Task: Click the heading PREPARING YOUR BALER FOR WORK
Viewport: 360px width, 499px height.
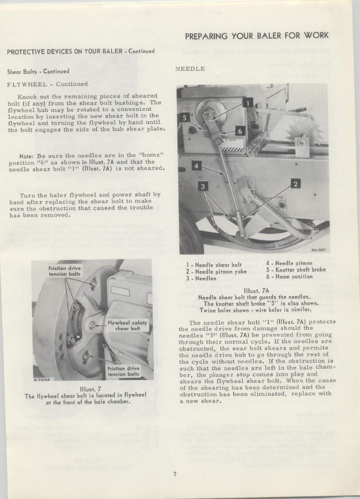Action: point(257,35)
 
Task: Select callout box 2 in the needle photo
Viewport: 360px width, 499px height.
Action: point(295,184)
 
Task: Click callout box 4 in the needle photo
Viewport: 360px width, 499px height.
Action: point(196,166)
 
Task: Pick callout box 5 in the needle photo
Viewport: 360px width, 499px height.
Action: point(185,118)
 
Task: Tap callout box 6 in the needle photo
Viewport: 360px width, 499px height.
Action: point(240,131)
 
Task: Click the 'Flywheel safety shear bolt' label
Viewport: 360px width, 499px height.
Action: point(127,326)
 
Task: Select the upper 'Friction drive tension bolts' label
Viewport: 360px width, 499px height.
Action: point(65,271)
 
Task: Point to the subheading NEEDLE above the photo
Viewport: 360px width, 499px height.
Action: point(190,69)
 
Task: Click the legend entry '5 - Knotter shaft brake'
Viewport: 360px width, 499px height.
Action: point(296,269)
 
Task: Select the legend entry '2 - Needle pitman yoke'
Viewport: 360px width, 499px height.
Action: point(214,272)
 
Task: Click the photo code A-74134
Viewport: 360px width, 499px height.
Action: point(43,380)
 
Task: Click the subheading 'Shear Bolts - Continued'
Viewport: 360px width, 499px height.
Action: point(38,71)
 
